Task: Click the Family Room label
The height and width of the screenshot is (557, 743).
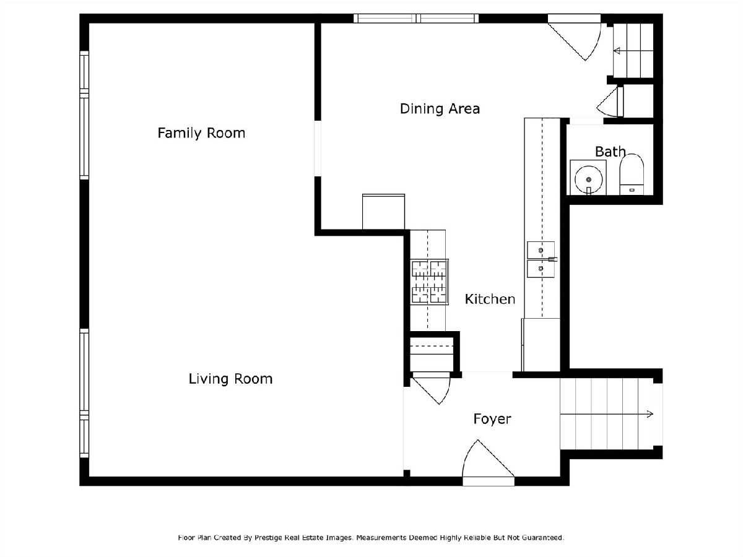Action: tap(201, 133)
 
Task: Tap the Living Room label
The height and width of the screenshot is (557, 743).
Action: tap(230, 379)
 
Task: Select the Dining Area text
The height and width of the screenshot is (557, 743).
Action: tap(440, 108)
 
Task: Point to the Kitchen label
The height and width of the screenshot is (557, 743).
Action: tap(490, 299)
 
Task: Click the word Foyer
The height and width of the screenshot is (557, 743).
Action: tap(492, 420)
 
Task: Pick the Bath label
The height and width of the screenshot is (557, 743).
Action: tap(610, 152)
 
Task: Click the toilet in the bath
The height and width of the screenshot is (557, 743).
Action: tap(632, 175)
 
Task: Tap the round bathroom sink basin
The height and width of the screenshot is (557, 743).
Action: tap(589, 179)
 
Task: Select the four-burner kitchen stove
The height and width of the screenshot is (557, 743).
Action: tap(430, 282)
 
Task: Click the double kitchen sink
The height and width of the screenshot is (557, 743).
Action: tap(541, 259)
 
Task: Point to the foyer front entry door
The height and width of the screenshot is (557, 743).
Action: tap(489, 463)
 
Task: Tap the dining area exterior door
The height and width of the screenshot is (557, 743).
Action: tap(575, 38)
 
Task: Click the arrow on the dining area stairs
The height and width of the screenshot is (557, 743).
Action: tap(633, 51)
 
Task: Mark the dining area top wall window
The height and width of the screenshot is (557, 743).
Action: tap(416, 19)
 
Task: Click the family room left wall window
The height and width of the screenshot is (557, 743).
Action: tap(84, 115)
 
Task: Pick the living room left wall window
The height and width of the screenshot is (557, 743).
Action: tap(84, 394)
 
